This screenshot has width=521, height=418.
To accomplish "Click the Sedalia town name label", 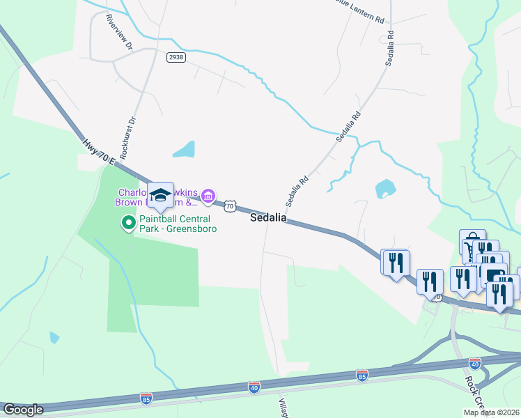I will pos(268,217).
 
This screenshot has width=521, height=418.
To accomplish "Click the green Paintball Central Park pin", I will pos(128,223).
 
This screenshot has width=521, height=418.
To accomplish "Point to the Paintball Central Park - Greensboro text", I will pos(178,223).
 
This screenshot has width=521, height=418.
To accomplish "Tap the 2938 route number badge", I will pos(176,58).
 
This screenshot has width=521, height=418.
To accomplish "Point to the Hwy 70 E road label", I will pos(98,153).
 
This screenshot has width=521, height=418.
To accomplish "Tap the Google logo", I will pos(22,410).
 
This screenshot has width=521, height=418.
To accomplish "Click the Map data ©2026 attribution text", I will pos(491,412).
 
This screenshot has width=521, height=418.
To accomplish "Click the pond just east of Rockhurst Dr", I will pos(185,148).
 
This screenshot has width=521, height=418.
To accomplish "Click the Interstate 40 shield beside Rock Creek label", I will pos(475,363).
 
